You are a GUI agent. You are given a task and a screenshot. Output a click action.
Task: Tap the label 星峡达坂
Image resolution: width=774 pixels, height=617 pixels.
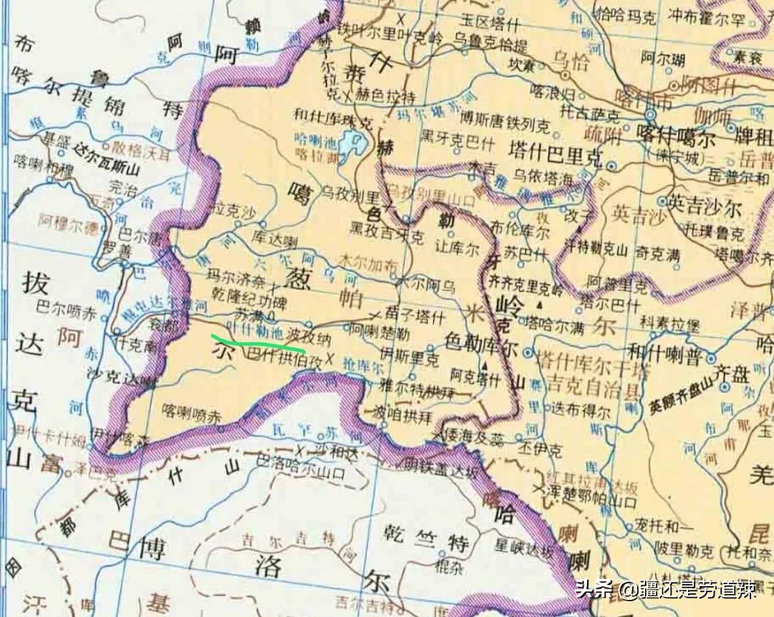pos(521,550)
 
